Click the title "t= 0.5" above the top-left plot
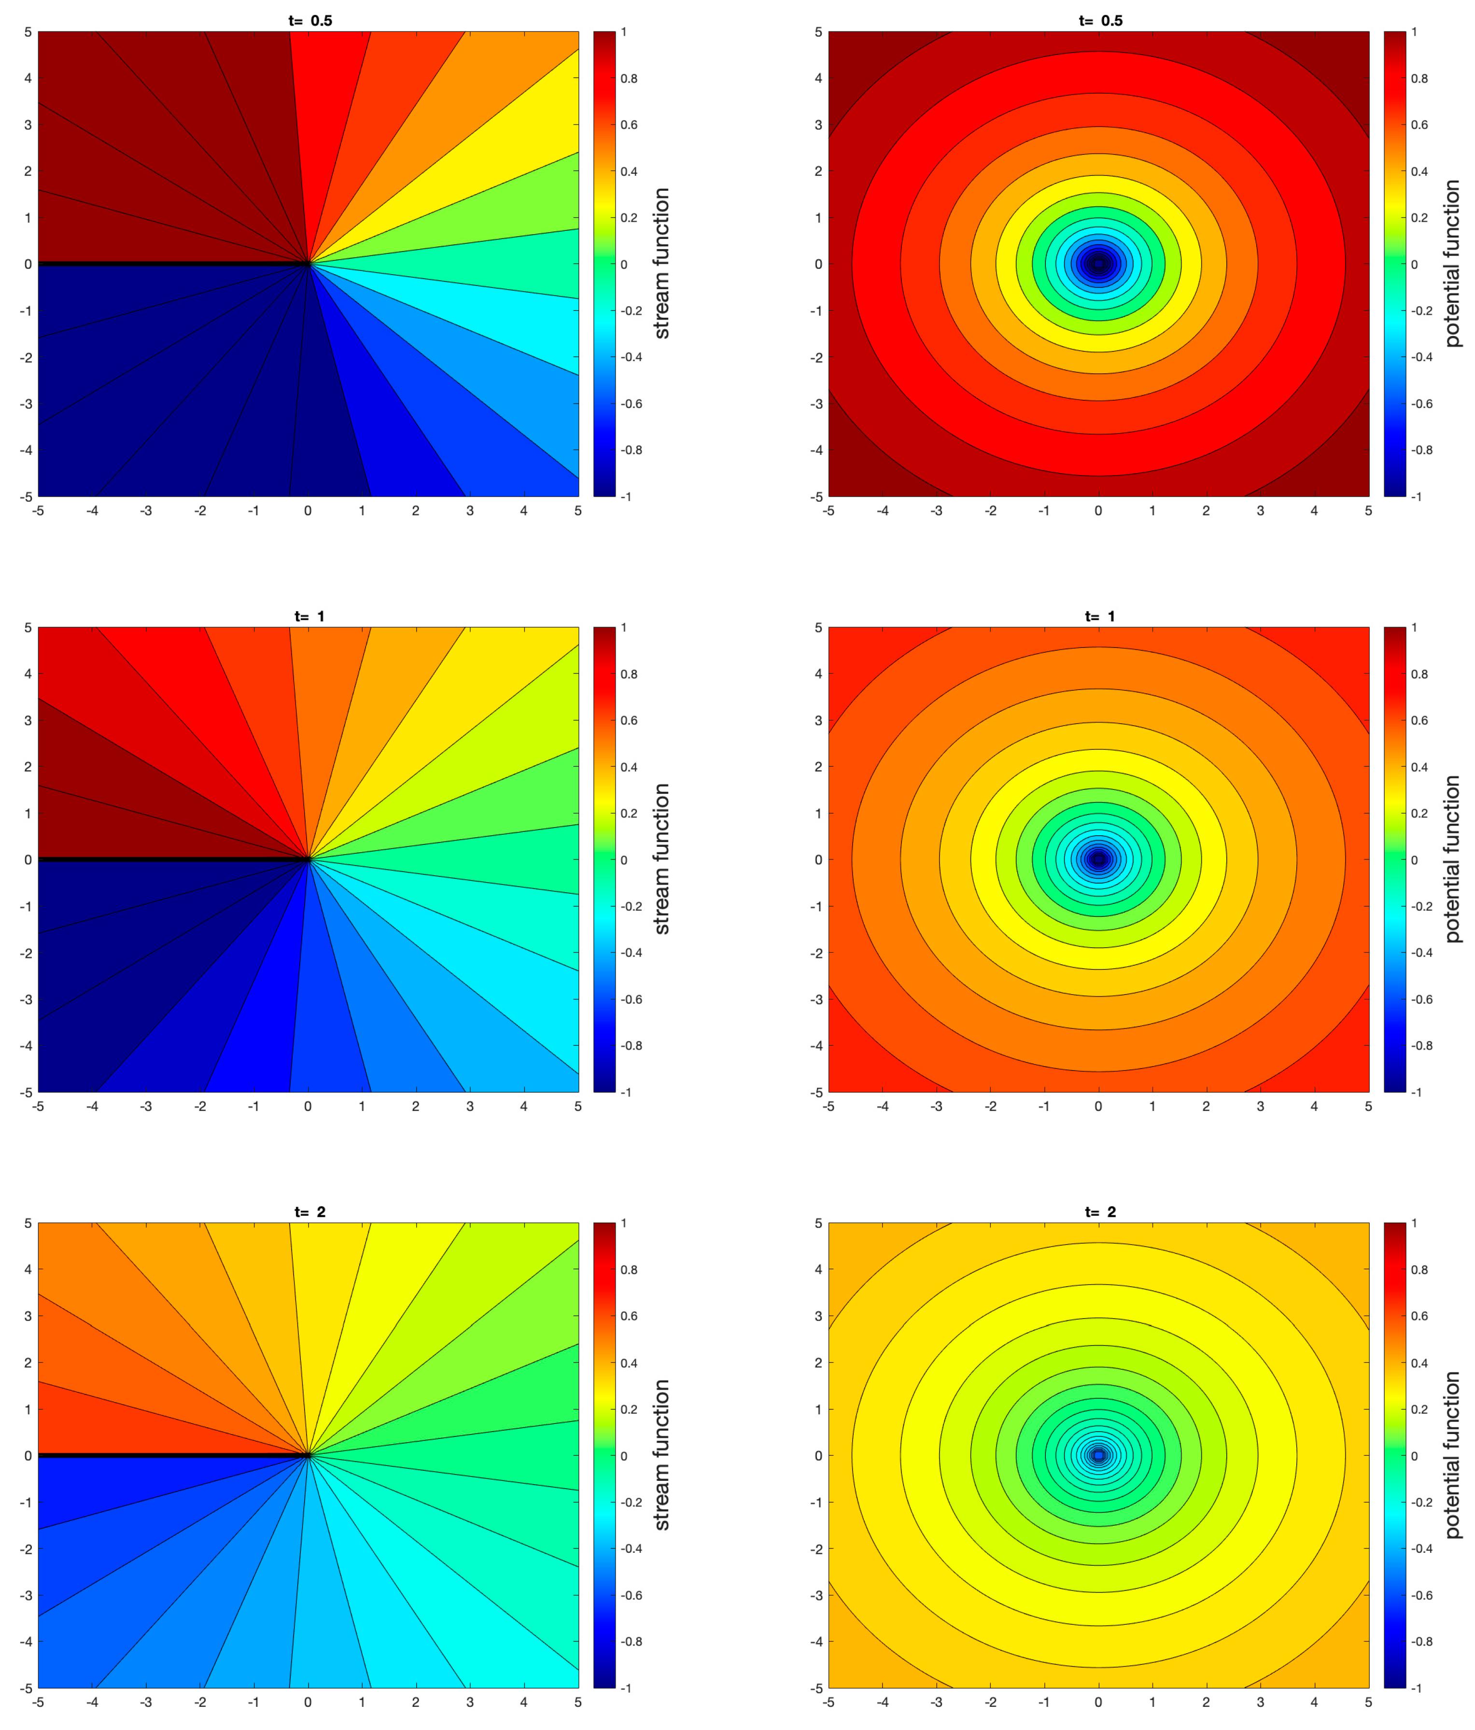coord(309,21)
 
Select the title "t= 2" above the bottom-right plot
coord(1100,1211)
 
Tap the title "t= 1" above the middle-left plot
coord(309,616)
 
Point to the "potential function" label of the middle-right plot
coord(1452,859)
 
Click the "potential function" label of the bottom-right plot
coord(1452,1455)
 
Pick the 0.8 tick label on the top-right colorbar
coord(1419,79)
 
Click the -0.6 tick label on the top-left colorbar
coord(631,403)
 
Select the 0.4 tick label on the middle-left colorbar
coord(629,766)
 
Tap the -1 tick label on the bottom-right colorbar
coord(1416,1688)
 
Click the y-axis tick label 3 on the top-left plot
coord(28,125)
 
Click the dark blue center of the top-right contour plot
coord(1098,264)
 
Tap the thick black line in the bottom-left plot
coord(167,1455)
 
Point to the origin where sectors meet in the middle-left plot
coord(308,859)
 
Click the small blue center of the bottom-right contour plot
coord(1098,1455)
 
